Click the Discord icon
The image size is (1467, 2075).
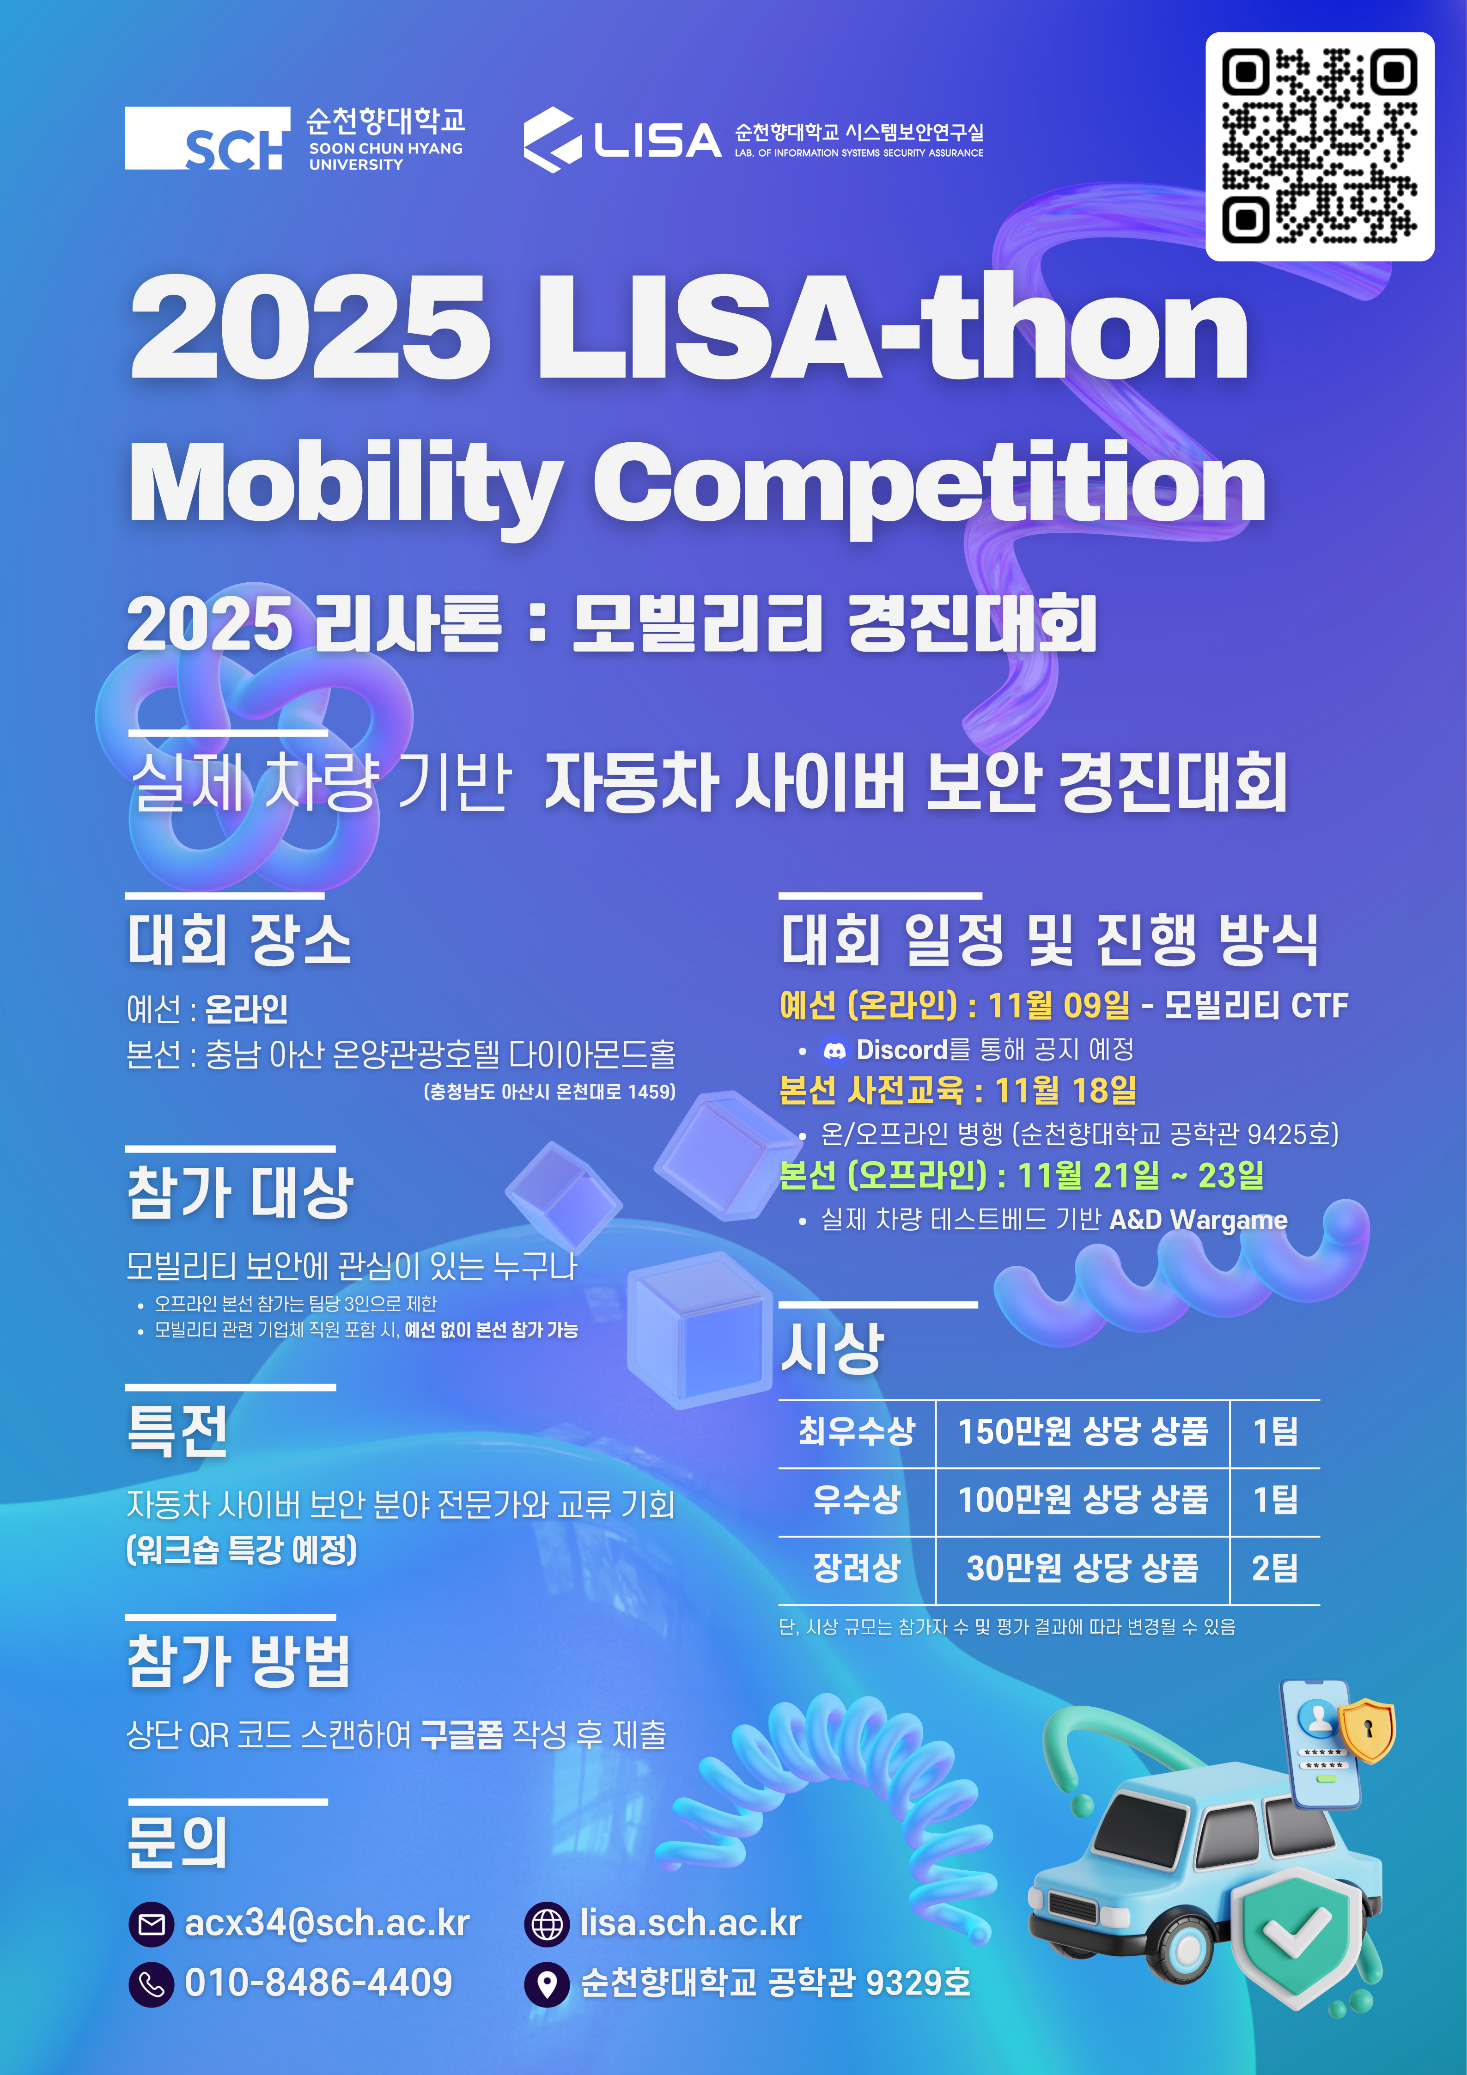(x=834, y=1050)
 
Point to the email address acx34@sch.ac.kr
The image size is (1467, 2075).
(x=327, y=1923)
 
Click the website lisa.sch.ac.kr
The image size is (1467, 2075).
(x=690, y=1923)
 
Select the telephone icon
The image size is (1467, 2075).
(x=151, y=1983)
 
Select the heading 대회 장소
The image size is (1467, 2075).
(x=239, y=940)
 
